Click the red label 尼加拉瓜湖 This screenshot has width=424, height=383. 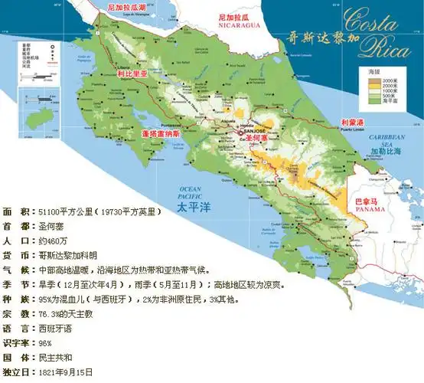pos(127,6)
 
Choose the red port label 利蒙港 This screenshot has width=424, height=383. pos(356,122)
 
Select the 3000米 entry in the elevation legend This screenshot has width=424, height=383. pos(391,80)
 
